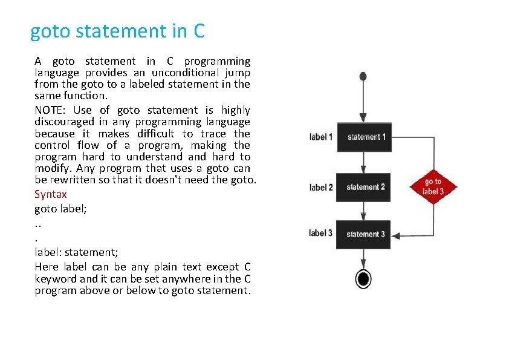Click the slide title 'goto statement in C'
117,31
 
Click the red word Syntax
51,194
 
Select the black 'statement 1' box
363,137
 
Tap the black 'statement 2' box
363,187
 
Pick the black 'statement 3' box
363,234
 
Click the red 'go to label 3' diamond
433,186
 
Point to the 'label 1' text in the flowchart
320,137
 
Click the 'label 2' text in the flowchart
320,187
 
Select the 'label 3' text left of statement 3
320,233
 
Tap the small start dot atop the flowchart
363,76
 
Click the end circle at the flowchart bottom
363,278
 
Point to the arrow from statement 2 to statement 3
363,211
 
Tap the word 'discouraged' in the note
62,122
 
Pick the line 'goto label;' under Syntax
60,209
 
